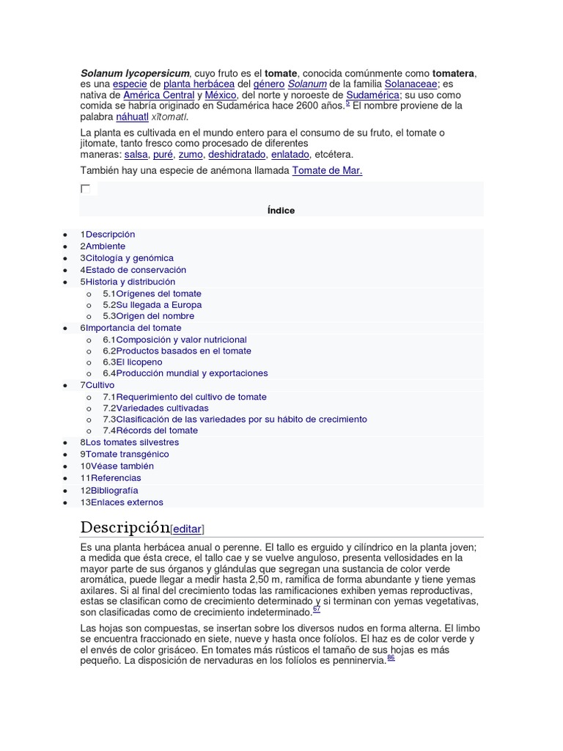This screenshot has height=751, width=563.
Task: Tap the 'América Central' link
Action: coord(159,95)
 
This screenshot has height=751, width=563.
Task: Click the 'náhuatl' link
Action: coord(132,117)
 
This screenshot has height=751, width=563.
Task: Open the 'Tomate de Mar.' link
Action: coord(328,170)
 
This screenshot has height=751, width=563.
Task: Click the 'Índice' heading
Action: coord(281,210)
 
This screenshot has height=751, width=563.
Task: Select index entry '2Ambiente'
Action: coord(103,246)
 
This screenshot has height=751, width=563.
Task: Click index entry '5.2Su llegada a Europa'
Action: coord(152,304)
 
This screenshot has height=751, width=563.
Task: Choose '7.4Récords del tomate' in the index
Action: coord(150,430)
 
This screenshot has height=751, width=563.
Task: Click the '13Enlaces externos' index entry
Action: coord(122,502)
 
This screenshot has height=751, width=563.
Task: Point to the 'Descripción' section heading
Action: coord(125,527)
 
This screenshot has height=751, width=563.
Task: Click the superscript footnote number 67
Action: coord(317,609)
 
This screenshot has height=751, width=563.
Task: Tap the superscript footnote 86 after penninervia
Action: coord(391,658)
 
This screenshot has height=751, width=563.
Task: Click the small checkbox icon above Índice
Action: coord(85,189)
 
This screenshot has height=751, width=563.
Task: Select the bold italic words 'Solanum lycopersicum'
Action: coord(135,73)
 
